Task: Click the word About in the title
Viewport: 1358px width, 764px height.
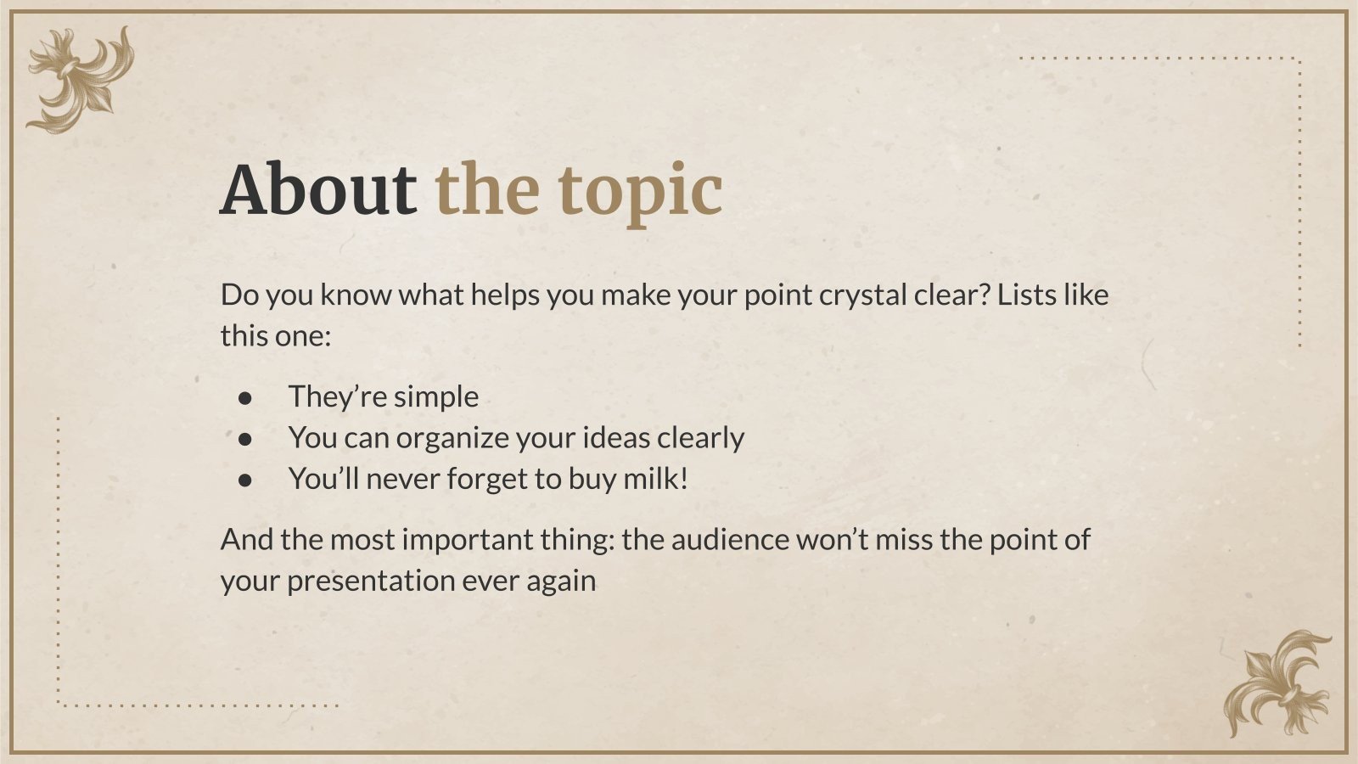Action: (x=318, y=188)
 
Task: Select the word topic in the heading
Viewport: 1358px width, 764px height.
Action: (x=641, y=194)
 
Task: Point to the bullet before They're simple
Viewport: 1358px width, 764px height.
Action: (x=245, y=398)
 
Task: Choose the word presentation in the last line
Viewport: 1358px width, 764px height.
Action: (x=371, y=581)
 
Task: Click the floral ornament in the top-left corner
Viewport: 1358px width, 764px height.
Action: (x=80, y=80)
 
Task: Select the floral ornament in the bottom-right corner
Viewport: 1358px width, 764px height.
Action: (x=1278, y=684)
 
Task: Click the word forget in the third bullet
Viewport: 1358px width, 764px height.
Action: (x=487, y=480)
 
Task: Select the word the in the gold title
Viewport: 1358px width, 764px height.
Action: (x=487, y=188)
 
